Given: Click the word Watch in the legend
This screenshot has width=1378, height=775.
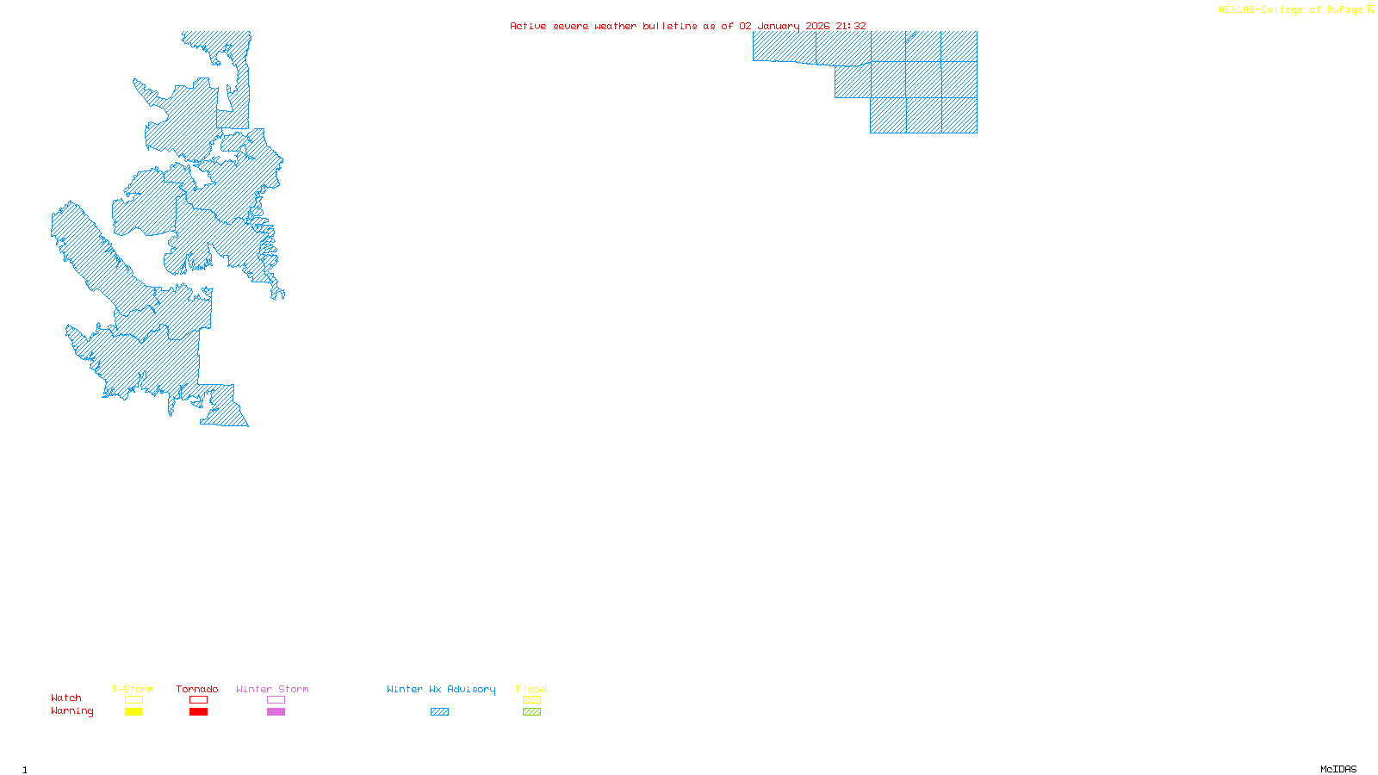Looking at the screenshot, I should pos(66,697).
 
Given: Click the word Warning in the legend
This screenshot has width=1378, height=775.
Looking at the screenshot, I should pos(72,711).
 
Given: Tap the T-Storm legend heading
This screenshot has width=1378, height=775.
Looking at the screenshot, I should pos(133,689).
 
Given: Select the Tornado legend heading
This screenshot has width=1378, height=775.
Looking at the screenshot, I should pos(197,689).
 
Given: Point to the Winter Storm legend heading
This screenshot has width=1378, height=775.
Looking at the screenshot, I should pos(272,689).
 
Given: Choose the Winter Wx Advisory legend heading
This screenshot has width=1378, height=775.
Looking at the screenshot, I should pos(441,689).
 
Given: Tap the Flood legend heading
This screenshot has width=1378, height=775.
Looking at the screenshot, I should pos(531,689).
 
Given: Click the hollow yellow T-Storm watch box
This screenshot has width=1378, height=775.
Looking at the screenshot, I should pos(133,700).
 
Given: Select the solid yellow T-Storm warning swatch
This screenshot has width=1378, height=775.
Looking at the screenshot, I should pos(133,712).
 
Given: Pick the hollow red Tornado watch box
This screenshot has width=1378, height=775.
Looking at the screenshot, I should pos(198,700).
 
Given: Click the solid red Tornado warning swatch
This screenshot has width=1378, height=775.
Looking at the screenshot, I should pos(198,712).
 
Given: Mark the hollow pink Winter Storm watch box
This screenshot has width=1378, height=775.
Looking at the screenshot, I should pos(276,700).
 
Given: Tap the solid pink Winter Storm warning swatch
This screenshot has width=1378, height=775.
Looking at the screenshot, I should pos(276,712).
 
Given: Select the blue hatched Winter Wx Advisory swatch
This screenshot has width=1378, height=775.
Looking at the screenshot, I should pos(439,712).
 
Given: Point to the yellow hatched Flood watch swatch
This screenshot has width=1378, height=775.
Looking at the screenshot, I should pos(531,700).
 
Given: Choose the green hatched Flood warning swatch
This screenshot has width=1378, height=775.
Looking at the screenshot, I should pos(531,712).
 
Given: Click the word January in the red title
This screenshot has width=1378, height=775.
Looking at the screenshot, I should pos(778,26).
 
